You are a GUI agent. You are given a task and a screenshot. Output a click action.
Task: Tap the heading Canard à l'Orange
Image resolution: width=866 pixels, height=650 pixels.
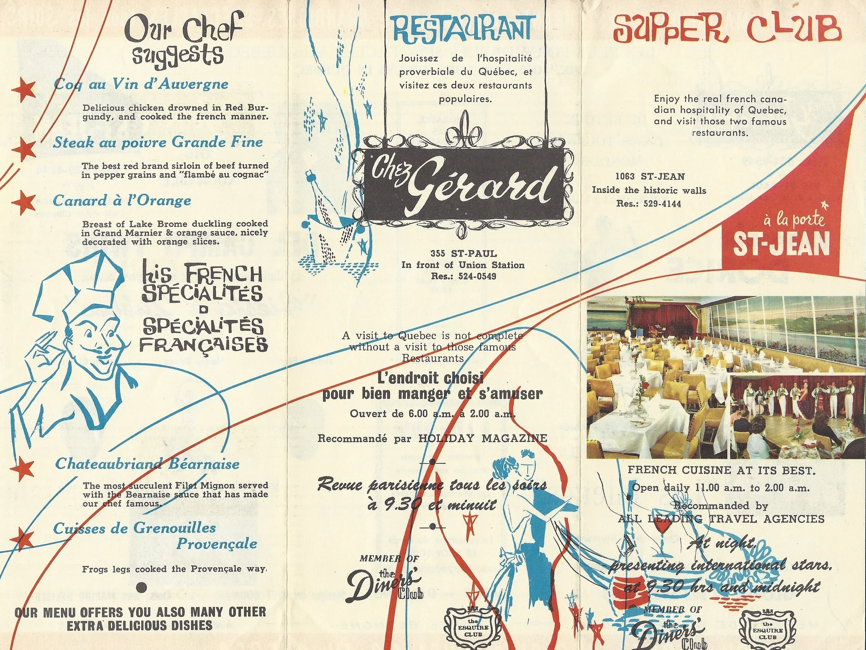(x=122, y=201)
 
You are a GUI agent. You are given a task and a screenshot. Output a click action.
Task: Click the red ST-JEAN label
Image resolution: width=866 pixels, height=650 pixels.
(x=782, y=244)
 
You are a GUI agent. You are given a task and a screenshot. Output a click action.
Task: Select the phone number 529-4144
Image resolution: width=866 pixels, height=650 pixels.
(x=659, y=204)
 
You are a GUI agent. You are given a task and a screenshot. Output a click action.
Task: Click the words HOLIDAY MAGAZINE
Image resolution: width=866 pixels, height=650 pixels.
(x=482, y=438)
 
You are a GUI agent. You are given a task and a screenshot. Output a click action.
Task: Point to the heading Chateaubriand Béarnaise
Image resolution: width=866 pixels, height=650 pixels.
(x=147, y=464)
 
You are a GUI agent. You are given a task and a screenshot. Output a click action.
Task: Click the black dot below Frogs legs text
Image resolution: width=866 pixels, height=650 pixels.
(x=142, y=586)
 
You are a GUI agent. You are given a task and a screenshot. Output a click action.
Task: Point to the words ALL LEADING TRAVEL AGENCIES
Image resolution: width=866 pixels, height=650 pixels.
(x=721, y=519)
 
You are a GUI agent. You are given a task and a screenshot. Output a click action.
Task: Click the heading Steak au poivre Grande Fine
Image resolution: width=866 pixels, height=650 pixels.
(x=158, y=142)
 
